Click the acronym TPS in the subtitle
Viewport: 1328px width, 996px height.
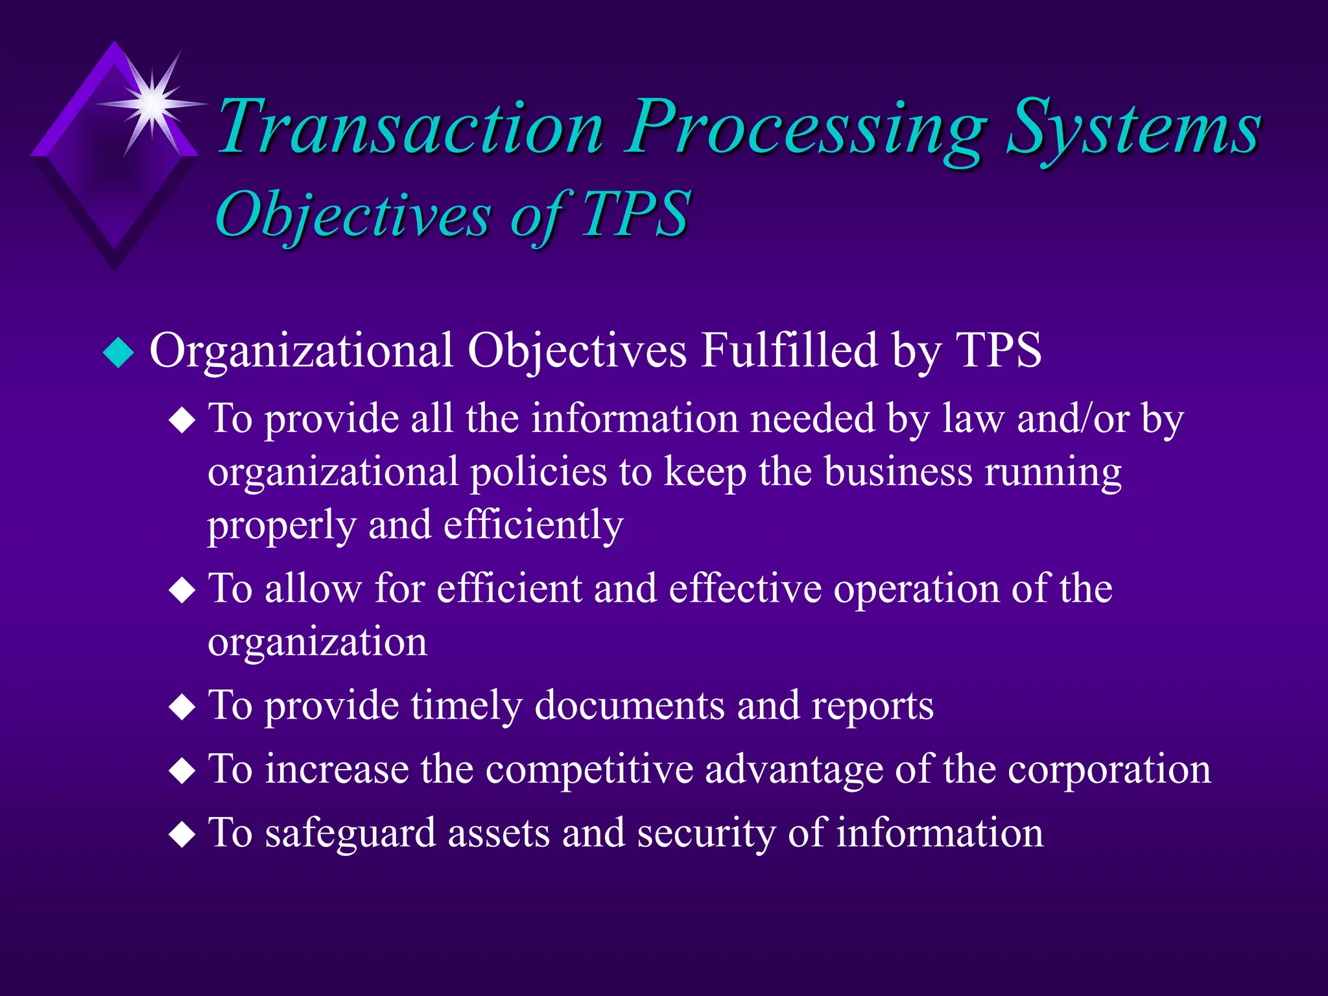(x=635, y=214)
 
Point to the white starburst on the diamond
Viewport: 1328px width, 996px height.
(x=153, y=103)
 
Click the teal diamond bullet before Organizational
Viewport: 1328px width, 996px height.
(x=119, y=353)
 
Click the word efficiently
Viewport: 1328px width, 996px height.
(x=533, y=525)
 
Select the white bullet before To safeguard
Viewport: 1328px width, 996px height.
(x=182, y=836)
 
